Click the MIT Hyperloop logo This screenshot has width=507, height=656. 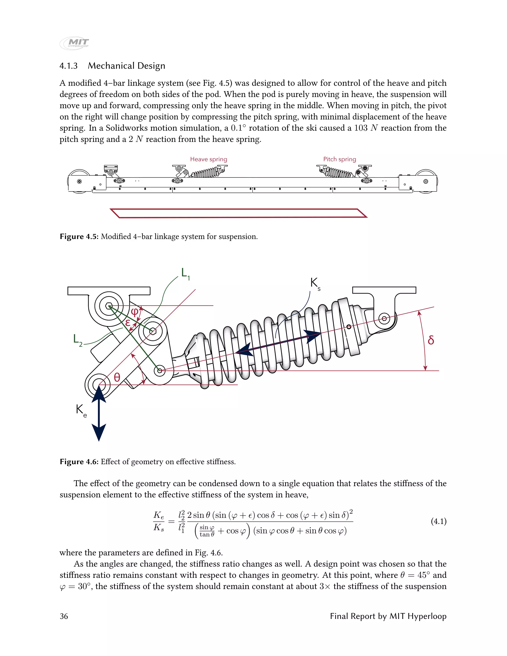pos(75,43)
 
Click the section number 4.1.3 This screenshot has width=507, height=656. pos(69,66)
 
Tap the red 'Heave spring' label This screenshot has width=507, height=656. pos(208,159)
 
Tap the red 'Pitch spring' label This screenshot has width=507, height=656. pos(339,159)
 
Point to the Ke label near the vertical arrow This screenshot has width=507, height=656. pos(81,410)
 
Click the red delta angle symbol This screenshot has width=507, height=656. pos(431,340)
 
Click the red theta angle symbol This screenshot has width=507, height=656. pos(117,377)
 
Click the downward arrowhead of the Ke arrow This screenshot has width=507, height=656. pos(99,432)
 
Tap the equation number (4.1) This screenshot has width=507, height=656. pos(438,521)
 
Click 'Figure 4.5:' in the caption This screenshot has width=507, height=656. pos(79,237)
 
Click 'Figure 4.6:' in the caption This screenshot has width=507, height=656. pos(79,462)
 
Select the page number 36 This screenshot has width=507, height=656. pos(64,616)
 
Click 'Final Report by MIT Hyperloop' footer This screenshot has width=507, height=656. pos(388,616)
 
